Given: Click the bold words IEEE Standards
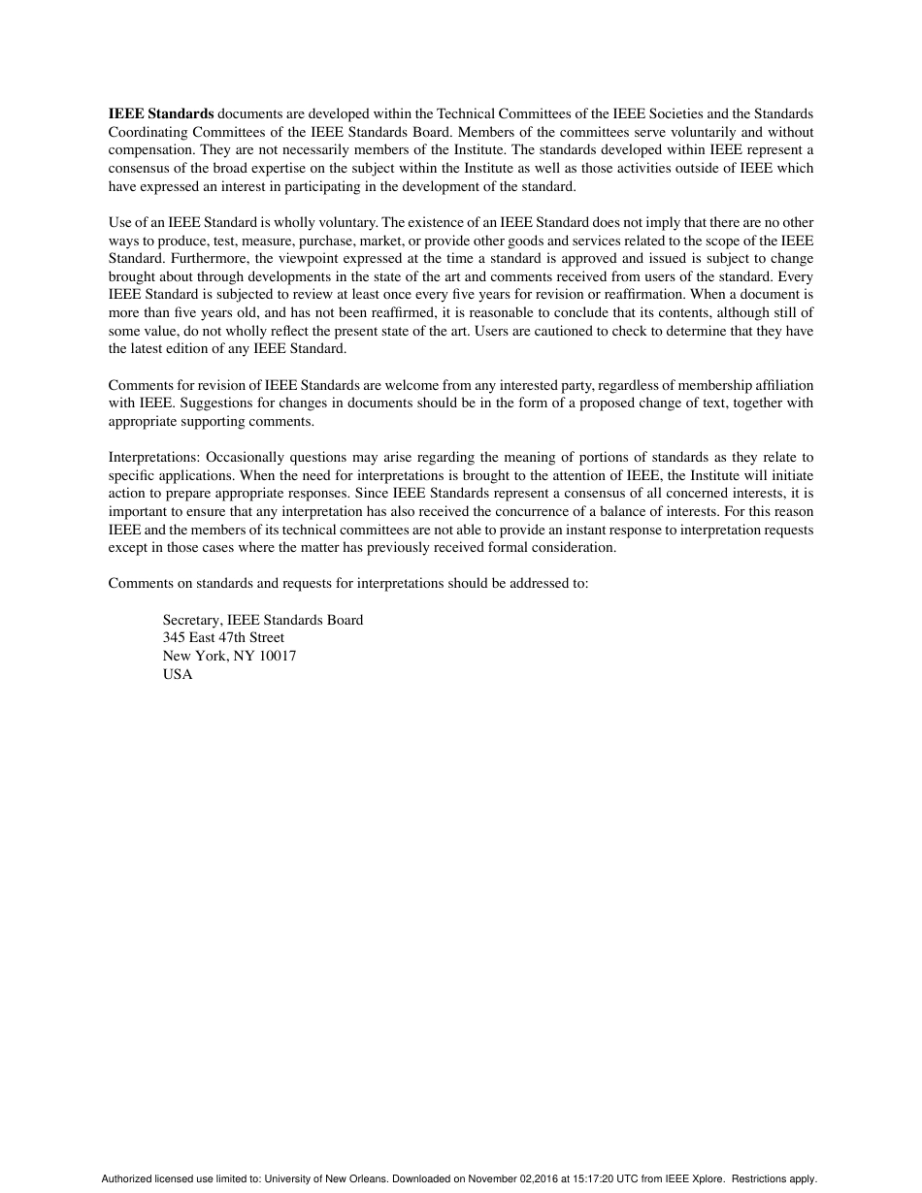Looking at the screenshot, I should coord(161,113).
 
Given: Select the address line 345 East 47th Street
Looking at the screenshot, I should coord(223,638).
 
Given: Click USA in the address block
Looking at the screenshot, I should coord(178,675).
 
